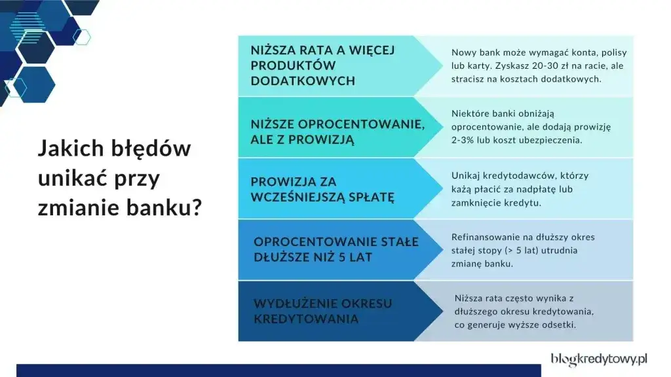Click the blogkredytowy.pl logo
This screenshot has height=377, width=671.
coord(599,359)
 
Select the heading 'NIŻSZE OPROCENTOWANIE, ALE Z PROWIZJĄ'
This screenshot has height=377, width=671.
coord(329,132)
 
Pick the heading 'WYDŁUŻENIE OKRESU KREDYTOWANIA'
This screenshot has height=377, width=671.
coord(323,311)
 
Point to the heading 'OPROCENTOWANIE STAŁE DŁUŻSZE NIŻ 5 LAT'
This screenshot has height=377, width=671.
coord(336,249)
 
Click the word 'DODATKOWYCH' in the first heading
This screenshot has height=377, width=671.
coord(303,81)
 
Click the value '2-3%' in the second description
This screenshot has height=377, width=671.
coord(463,140)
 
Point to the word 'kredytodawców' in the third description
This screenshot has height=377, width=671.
coord(522,175)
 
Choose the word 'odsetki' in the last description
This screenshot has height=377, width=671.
coord(558,324)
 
